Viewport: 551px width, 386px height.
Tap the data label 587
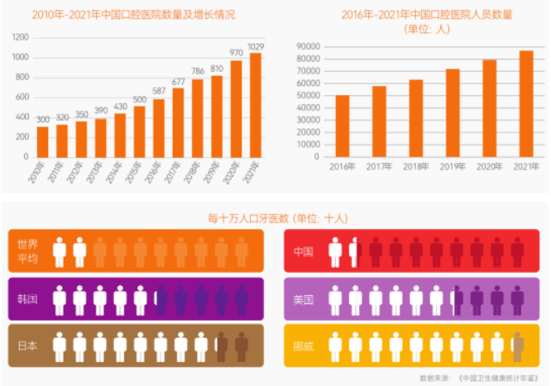159,93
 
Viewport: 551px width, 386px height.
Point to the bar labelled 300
42,141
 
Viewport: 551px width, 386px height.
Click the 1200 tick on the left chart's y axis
21,38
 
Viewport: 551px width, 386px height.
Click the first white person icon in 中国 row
336,251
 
